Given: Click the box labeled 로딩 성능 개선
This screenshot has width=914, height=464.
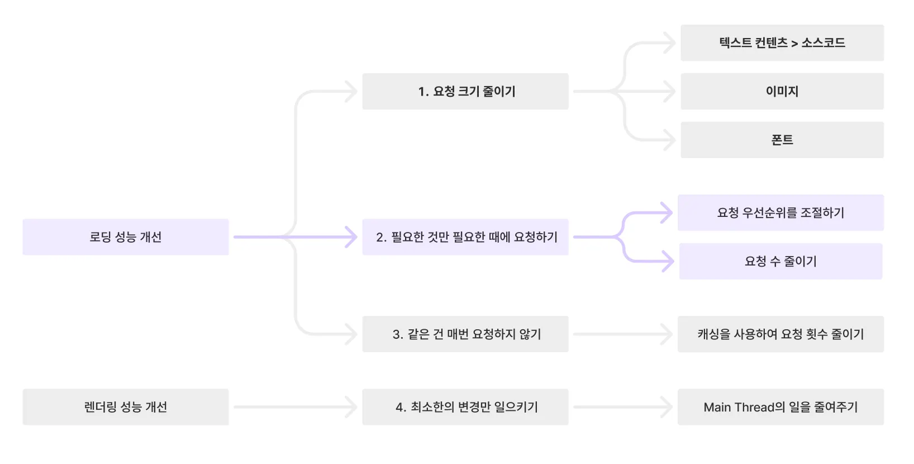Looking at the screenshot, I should (x=126, y=237).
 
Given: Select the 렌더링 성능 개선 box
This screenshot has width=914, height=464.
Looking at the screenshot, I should (x=126, y=407).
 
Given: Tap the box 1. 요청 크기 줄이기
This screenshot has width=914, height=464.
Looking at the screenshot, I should (x=465, y=91).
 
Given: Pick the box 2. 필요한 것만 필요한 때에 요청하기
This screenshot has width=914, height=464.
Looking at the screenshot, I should (x=465, y=237).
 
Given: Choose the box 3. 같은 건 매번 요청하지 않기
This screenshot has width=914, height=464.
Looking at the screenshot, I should (x=465, y=334).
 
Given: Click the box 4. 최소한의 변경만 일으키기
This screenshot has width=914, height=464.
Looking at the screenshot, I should (x=465, y=407).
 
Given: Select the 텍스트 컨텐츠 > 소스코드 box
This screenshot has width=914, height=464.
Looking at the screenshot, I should (x=782, y=43).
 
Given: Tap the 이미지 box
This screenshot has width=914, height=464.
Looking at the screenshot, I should (x=782, y=91).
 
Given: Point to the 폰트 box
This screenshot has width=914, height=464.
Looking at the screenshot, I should (x=782, y=140).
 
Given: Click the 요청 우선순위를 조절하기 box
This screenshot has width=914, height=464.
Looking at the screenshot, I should (x=780, y=212).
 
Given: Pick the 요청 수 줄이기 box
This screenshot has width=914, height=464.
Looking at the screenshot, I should (x=780, y=261).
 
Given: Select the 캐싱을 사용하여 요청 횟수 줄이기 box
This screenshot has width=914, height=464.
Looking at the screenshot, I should (x=780, y=334).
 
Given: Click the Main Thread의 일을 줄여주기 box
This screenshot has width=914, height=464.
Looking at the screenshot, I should (x=780, y=407).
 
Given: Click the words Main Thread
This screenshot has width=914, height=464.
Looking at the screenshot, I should (x=739, y=407).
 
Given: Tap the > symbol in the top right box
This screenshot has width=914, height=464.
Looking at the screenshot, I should (x=794, y=44).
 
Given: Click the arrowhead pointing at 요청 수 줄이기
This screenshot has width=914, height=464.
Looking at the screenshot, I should (x=669, y=261).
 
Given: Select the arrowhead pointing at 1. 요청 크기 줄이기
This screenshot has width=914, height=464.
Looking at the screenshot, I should (x=352, y=91).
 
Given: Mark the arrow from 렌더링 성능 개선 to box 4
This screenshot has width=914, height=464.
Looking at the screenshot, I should (x=295, y=407).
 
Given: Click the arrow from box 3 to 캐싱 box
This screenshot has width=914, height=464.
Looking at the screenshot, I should (x=622, y=334).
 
